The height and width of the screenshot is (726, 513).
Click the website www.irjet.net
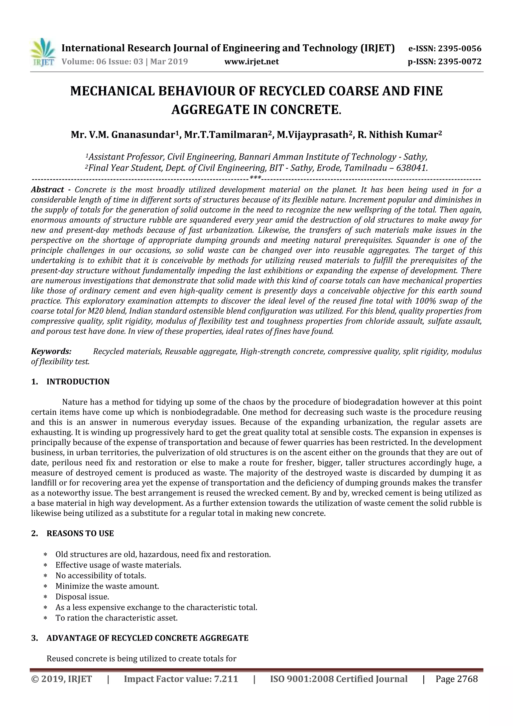point(251,62)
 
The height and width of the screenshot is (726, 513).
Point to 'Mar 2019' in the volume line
point(169,62)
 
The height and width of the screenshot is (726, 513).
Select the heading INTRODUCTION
point(78,382)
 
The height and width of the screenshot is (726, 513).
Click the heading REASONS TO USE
point(80,533)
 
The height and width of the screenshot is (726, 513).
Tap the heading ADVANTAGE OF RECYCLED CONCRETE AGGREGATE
point(147,638)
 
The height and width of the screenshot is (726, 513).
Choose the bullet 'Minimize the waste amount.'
point(107,586)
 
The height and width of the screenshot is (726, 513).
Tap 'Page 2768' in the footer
point(456,679)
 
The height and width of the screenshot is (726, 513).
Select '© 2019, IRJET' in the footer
point(62,679)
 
